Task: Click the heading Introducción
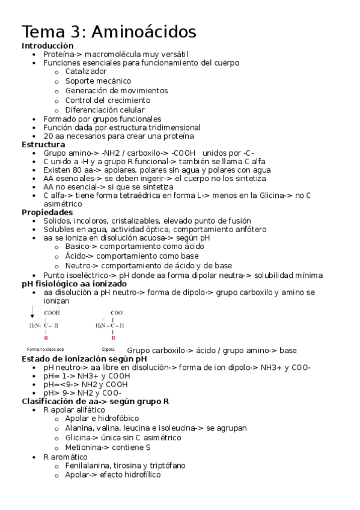47,46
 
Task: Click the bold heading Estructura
43,145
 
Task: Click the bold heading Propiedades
47,212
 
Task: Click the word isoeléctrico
88,275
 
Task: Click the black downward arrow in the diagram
32,312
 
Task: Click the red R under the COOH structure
46,338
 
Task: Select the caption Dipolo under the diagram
108,349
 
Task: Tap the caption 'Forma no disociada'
45,349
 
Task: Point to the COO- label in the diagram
117,313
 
